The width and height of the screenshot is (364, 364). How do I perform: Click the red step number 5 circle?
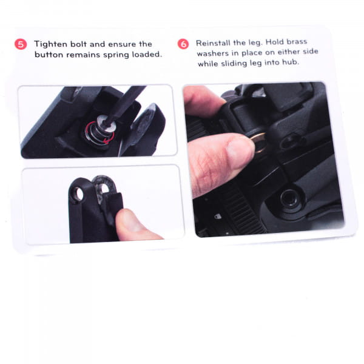(x=21, y=44)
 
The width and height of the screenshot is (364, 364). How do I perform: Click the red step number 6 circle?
(x=183, y=44)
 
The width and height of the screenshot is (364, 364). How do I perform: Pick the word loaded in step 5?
(x=147, y=55)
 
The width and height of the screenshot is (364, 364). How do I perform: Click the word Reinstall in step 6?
(x=214, y=42)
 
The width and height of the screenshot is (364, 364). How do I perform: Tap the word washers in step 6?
(x=212, y=53)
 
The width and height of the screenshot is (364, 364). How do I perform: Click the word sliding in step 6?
(x=234, y=63)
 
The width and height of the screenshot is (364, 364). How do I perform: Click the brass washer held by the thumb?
(x=258, y=143)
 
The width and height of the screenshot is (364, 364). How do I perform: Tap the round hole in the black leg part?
(x=78, y=194)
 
